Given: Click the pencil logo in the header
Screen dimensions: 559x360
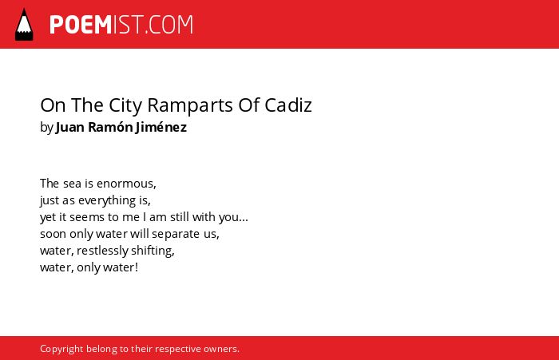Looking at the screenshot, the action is click(x=24, y=25).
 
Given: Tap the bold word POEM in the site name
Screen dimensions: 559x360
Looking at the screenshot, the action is click(x=81, y=25).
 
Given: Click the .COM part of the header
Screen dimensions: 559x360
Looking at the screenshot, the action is click(x=169, y=25).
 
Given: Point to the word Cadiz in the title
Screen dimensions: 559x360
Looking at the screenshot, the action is click(x=288, y=105).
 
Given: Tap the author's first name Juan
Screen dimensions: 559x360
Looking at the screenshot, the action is click(x=70, y=127).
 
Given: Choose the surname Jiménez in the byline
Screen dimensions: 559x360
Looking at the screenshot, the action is click(x=161, y=127).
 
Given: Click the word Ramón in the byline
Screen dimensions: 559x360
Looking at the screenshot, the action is click(x=109, y=127).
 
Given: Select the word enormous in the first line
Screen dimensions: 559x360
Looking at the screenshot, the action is click(x=126, y=184).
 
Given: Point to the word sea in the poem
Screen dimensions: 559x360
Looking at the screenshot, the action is click(x=72, y=184).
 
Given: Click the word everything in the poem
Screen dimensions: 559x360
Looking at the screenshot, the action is click(x=107, y=200).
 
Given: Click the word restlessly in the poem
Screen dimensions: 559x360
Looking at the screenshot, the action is click(x=102, y=251).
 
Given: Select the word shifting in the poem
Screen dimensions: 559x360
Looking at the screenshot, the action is click(x=153, y=251).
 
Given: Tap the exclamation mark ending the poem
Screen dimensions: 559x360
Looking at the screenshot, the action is click(x=137, y=267).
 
